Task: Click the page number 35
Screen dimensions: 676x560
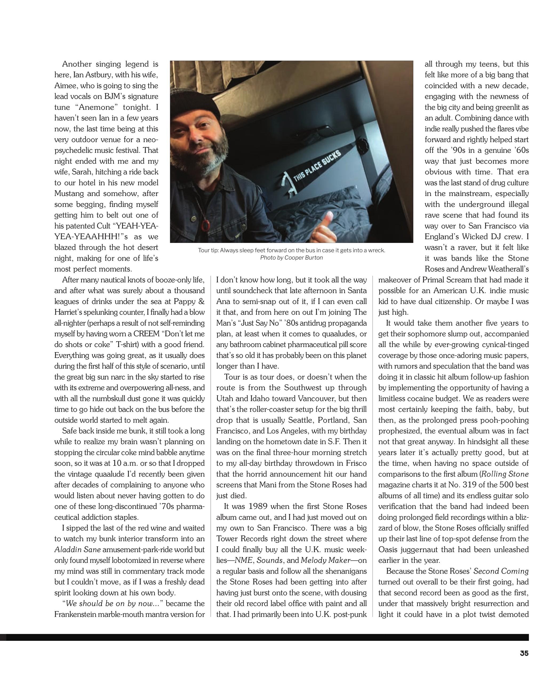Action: pyautogui.click(x=524, y=653)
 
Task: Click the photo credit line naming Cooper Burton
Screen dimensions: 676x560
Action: pyautogui.click(x=291, y=258)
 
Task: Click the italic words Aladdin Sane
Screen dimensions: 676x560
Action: pyautogui.click(x=77, y=549)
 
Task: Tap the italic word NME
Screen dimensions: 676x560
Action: pyautogui.click(x=241, y=560)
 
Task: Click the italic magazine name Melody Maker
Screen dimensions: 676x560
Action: pyautogui.click(x=325, y=560)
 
